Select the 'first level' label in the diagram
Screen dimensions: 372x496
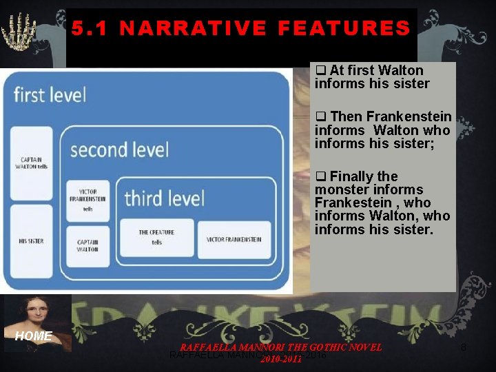(50, 94)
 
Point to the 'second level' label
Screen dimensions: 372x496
(118, 149)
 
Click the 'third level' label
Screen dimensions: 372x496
(164, 199)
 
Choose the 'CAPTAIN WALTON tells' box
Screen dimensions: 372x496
(33, 164)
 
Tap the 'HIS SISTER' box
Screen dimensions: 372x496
(32, 241)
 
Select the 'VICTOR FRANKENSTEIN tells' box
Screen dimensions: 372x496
(87, 200)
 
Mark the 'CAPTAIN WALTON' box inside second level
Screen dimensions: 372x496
(87, 245)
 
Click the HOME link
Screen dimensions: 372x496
(34, 336)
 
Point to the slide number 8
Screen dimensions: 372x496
(463, 348)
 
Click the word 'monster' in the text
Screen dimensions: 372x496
(339, 189)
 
